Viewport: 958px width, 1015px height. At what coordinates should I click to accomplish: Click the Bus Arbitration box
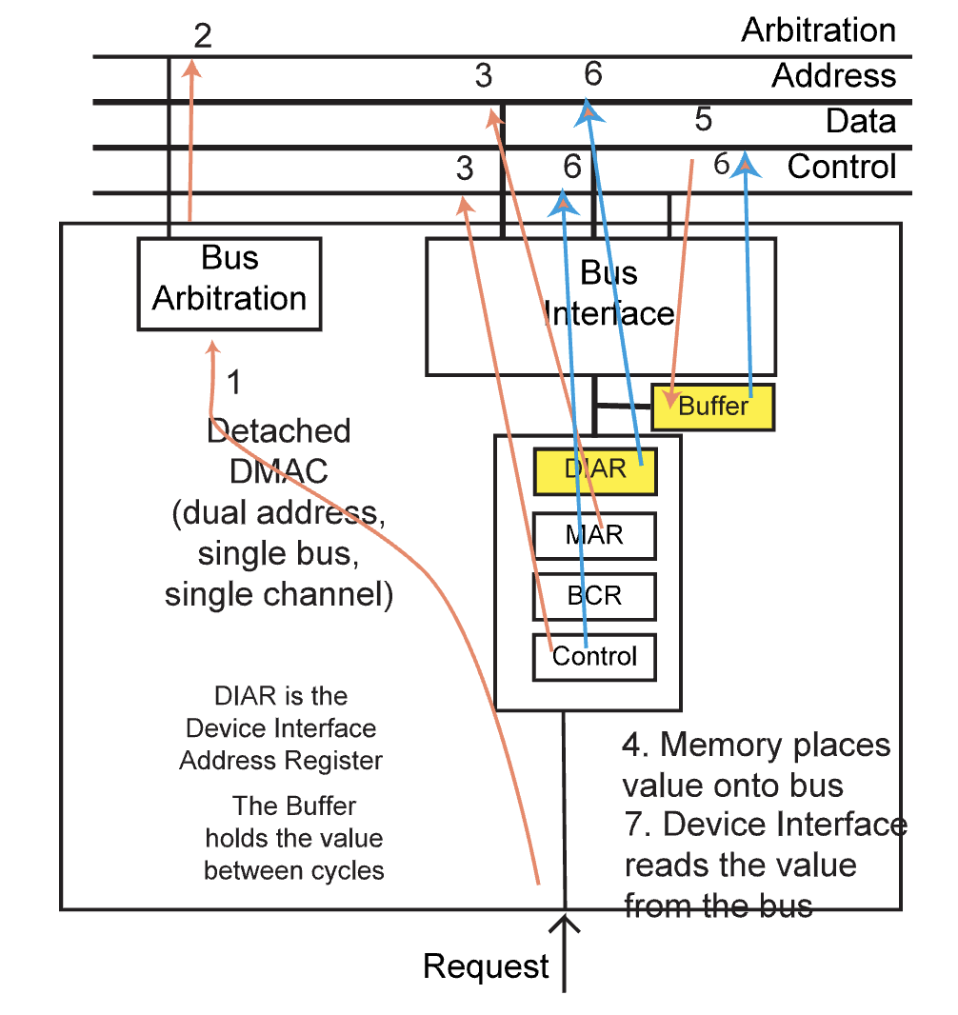pyautogui.click(x=230, y=283)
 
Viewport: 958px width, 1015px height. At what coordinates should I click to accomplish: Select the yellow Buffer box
pyautogui.click(x=713, y=407)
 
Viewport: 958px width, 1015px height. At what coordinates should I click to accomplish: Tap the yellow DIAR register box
pyautogui.click(x=595, y=470)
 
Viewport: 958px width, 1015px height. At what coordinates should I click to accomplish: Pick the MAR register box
pyautogui.click(x=594, y=535)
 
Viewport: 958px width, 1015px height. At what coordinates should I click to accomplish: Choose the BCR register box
pyautogui.click(x=594, y=596)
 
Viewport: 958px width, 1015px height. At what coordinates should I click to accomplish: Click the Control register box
pyautogui.click(x=594, y=657)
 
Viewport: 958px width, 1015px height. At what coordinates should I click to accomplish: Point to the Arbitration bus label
pyautogui.click(x=818, y=30)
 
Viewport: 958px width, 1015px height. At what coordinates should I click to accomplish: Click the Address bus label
pyautogui.click(x=833, y=76)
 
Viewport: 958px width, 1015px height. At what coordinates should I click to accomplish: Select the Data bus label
pyautogui.click(x=860, y=122)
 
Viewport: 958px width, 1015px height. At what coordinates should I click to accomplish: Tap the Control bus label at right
pyautogui.click(x=841, y=168)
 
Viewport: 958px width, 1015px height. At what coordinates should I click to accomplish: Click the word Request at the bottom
pyautogui.click(x=486, y=966)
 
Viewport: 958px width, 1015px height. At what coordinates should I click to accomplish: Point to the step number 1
pyautogui.click(x=234, y=384)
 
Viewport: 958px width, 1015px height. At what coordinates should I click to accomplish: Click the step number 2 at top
pyautogui.click(x=203, y=36)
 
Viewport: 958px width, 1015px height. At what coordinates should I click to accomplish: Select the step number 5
pyautogui.click(x=704, y=121)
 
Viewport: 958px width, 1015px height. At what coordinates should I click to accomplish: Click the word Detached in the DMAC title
pyautogui.click(x=278, y=431)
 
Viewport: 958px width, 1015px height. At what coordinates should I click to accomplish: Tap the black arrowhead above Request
pyautogui.click(x=566, y=924)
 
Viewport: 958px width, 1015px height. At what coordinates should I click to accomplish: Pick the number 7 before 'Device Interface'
pyautogui.click(x=634, y=825)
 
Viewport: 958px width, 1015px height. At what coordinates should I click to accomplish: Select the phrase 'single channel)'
pyautogui.click(x=278, y=595)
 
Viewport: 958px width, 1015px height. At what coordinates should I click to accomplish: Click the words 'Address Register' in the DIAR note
pyautogui.click(x=281, y=761)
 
